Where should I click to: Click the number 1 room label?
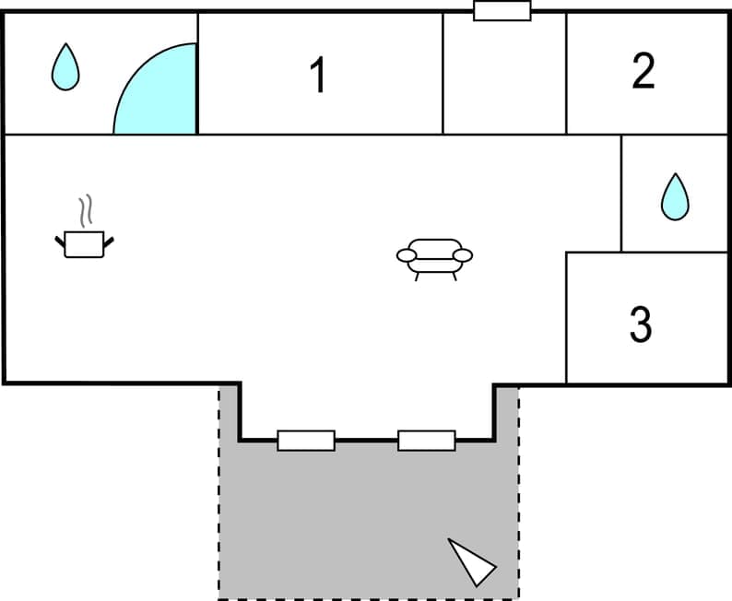[318, 76]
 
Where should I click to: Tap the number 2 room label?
[643, 71]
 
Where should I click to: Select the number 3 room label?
[641, 324]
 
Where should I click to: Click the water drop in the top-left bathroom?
[65, 67]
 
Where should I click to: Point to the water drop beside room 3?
[675, 197]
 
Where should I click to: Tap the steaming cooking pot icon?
[84, 243]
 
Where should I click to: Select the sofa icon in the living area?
[434, 257]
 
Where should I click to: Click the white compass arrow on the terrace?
[473, 561]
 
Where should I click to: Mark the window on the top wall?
[502, 11]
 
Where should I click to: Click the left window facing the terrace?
[305, 441]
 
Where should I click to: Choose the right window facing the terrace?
[426, 441]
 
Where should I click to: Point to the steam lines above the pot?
[86, 211]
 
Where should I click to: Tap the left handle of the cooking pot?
[61, 242]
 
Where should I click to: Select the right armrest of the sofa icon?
[463, 255]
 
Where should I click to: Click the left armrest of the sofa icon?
[406, 255]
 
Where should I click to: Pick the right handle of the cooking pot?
[108, 242]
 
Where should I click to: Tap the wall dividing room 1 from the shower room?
[198, 74]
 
